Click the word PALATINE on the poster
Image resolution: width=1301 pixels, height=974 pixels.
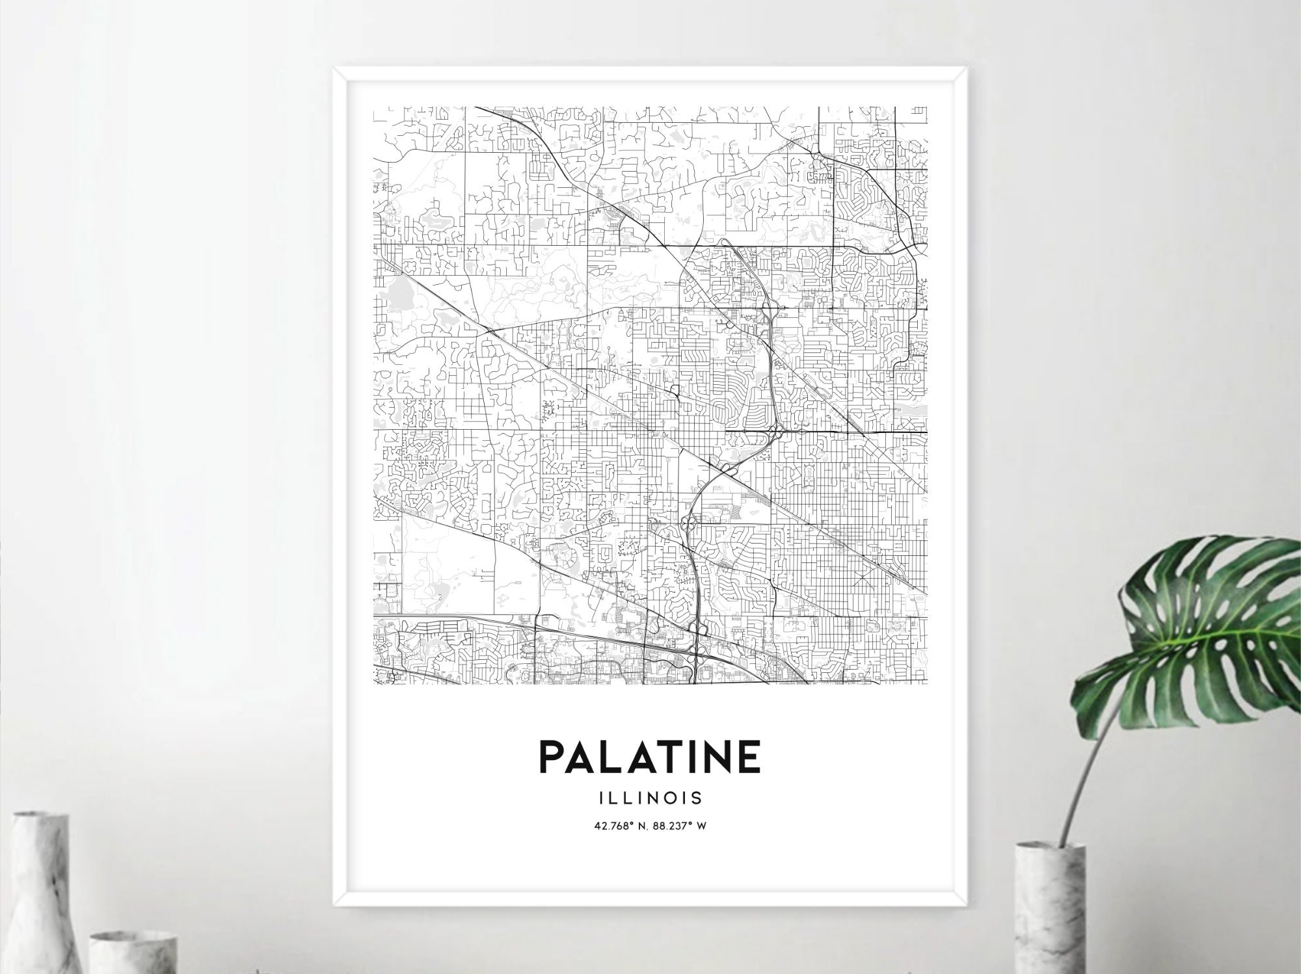tap(650, 754)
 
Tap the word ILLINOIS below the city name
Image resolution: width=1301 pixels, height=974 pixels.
tap(650, 796)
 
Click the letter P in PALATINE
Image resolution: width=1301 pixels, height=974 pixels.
tap(552, 754)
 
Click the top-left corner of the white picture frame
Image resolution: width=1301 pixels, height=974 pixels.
tap(334, 66)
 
